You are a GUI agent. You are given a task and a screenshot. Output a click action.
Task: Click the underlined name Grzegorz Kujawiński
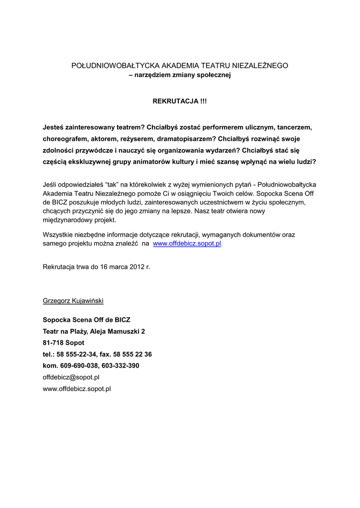(73, 301)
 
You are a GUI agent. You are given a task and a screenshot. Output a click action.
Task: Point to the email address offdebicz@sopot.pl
(72, 377)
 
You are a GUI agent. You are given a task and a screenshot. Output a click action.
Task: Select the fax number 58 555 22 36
(133, 354)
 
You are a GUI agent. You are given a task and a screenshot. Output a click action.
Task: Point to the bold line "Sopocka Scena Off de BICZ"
(87, 320)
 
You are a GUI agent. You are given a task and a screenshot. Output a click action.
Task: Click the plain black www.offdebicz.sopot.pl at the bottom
(77, 389)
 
